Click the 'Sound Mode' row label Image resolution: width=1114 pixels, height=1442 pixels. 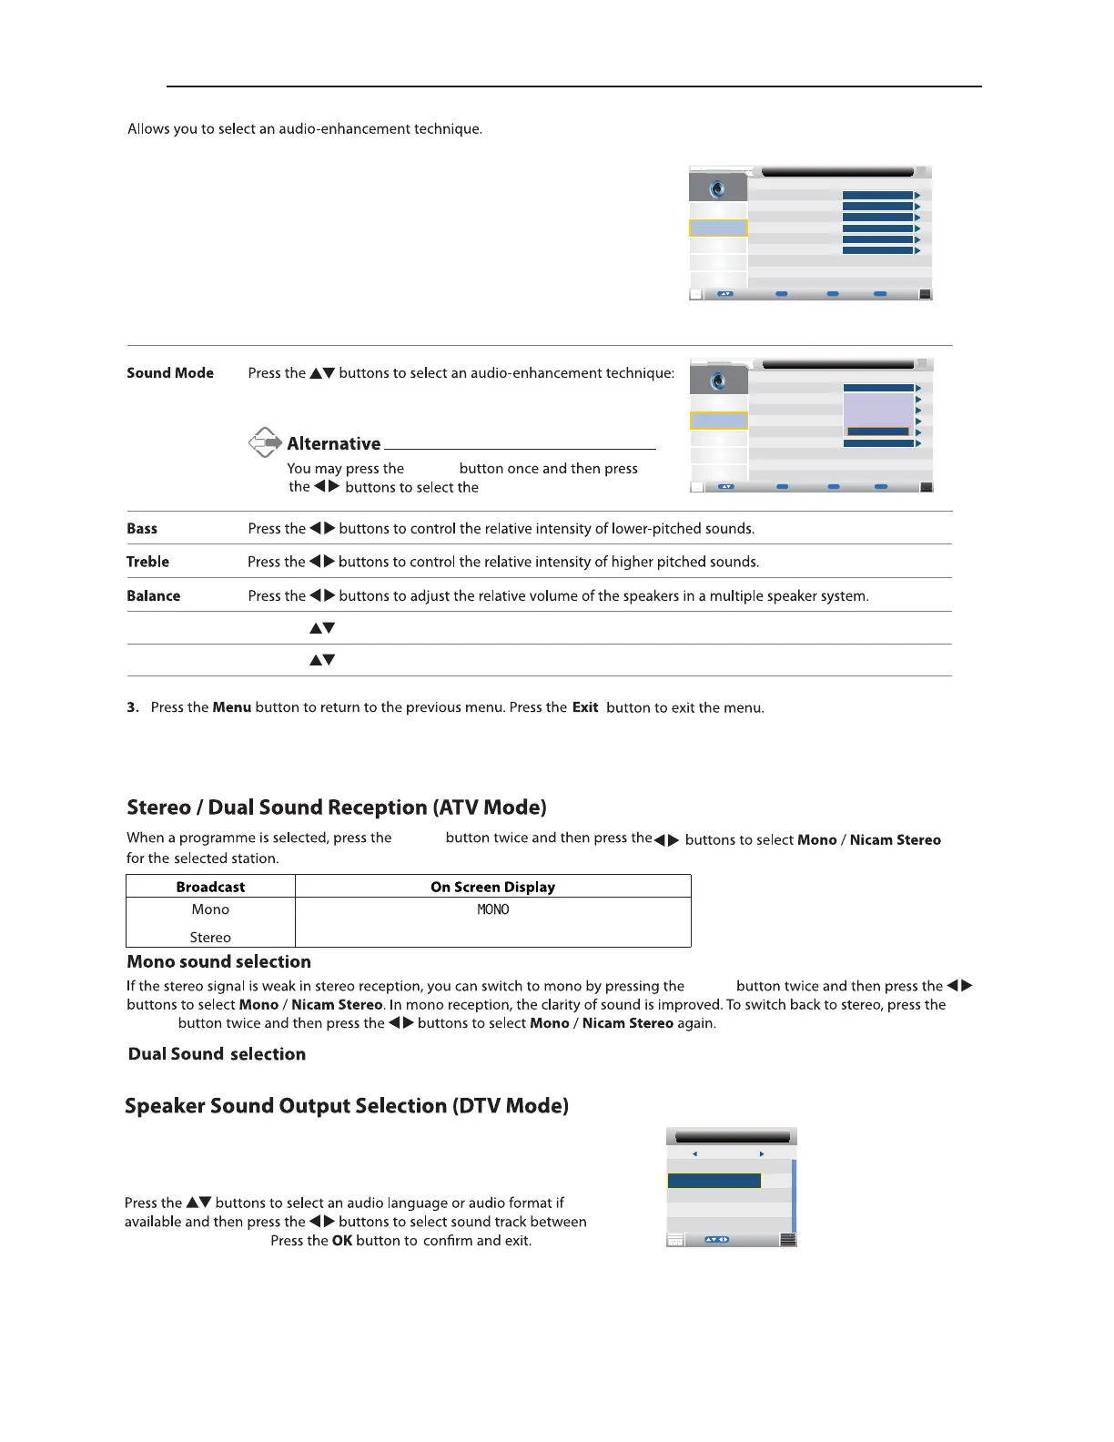170,373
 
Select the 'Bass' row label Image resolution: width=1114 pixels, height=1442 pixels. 142,529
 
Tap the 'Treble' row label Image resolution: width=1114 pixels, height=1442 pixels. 147,562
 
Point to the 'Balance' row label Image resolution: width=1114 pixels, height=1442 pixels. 153,596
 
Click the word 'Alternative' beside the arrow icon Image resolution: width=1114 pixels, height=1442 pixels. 334,444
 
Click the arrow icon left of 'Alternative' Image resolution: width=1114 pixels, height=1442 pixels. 265,442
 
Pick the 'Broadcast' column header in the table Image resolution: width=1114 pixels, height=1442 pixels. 210,887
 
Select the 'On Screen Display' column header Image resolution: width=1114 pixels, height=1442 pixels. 492,887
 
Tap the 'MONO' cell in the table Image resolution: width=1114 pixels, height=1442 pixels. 493,909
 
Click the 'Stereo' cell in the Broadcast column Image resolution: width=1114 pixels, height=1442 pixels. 210,938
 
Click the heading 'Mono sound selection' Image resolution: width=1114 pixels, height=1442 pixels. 218,962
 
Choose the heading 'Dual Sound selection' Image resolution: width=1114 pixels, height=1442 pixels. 217,1054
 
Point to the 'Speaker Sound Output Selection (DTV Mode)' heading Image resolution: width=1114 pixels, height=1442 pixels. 347,1106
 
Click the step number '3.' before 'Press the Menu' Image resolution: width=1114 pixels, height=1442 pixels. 133,707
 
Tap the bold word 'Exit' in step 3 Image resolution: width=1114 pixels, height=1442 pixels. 585,707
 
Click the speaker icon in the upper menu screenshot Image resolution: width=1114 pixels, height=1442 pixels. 718,188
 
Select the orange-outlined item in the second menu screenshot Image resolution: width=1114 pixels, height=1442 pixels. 878,432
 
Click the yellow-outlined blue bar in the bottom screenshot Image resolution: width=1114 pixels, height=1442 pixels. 714,1181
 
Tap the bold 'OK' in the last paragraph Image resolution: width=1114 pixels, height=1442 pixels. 342,1241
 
